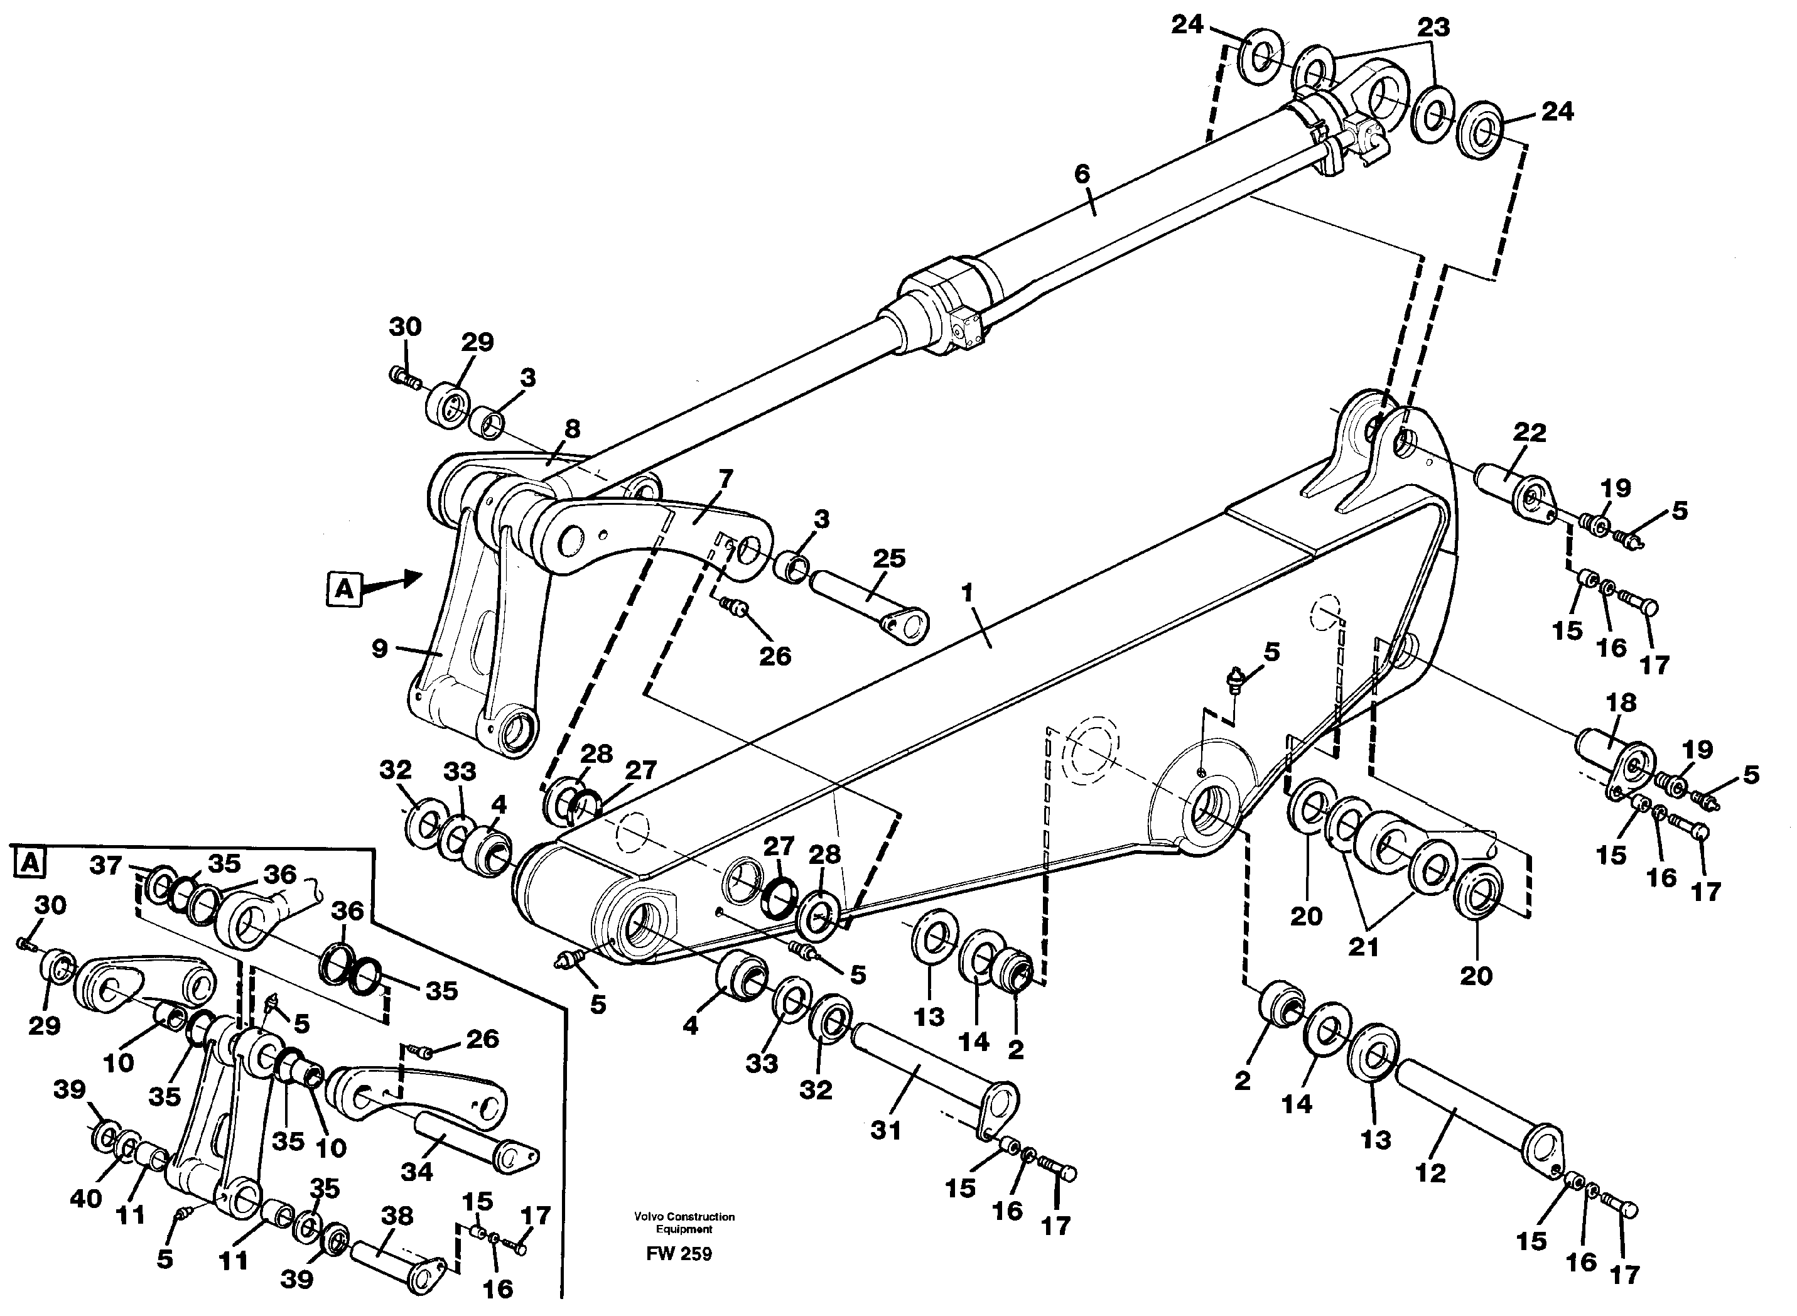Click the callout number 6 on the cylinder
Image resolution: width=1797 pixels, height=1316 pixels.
pyautogui.click(x=1082, y=174)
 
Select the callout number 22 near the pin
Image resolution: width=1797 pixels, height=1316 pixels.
pyautogui.click(x=1530, y=433)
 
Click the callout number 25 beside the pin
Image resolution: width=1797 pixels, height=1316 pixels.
pyautogui.click(x=889, y=558)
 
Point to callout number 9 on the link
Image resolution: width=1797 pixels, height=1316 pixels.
pyautogui.click(x=380, y=649)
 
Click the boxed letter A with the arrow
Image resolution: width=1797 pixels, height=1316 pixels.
pyautogui.click(x=344, y=589)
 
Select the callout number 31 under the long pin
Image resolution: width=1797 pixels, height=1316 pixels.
pyautogui.click(x=886, y=1130)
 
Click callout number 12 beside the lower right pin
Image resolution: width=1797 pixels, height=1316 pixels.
pyautogui.click(x=1430, y=1173)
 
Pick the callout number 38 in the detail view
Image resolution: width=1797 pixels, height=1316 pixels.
pyautogui.click(x=397, y=1216)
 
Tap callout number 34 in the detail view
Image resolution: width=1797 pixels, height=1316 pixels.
pyautogui.click(x=416, y=1171)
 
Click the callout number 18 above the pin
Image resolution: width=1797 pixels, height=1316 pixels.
pyautogui.click(x=1622, y=703)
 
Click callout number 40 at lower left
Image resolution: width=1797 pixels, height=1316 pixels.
pyautogui.click(x=86, y=1198)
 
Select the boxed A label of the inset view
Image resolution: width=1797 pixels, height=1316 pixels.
pyautogui.click(x=30, y=863)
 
